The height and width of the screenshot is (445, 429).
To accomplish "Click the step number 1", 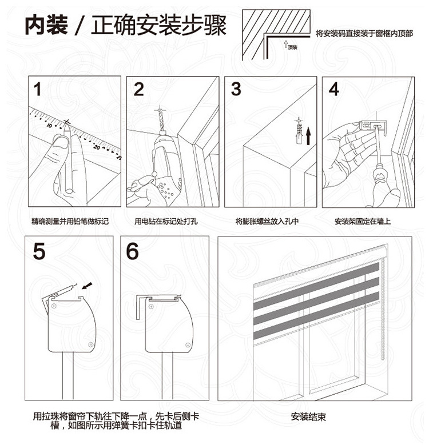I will [38, 90].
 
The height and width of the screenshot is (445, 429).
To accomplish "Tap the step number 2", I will [139, 90].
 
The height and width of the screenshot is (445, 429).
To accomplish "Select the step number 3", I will [236, 90].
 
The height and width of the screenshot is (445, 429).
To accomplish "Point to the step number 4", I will [334, 90].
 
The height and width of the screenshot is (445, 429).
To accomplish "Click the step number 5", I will [39, 251].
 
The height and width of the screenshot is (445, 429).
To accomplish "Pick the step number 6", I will [133, 251].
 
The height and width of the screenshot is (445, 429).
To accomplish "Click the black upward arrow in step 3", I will [308, 136].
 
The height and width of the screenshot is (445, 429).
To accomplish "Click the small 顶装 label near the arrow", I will [293, 47].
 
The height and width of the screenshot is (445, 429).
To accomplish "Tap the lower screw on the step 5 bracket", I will [91, 346].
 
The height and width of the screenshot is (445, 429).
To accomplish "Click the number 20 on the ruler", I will [98, 147].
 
